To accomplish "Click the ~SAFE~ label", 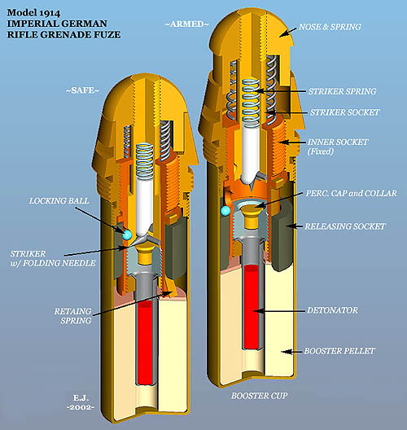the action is tap(82, 90).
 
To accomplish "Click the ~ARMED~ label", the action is tap(187, 24).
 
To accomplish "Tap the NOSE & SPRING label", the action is tap(330, 27).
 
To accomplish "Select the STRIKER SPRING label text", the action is tap(343, 91).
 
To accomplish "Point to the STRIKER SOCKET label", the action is tap(345, 112).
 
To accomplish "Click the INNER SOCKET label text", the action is tap(338, 142).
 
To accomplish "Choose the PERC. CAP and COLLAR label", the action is tap(351, 193).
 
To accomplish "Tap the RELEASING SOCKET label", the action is tap(345, 226).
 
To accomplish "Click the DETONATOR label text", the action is tap(332, 310).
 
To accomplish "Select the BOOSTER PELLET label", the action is tap(339, 351).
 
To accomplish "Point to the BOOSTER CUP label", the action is tap(260, 396).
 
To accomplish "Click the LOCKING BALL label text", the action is tap(59, 200).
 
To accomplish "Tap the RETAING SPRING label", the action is tap(73, 316).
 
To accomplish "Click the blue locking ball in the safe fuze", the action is tap(127, 235).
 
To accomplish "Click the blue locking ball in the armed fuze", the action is tap(225, 211).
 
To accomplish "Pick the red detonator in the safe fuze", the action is tap(145, 342).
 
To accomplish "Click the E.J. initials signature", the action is tap(81, 398).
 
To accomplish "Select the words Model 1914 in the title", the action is tap(33, 12).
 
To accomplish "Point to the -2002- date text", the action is tap(81, 407).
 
